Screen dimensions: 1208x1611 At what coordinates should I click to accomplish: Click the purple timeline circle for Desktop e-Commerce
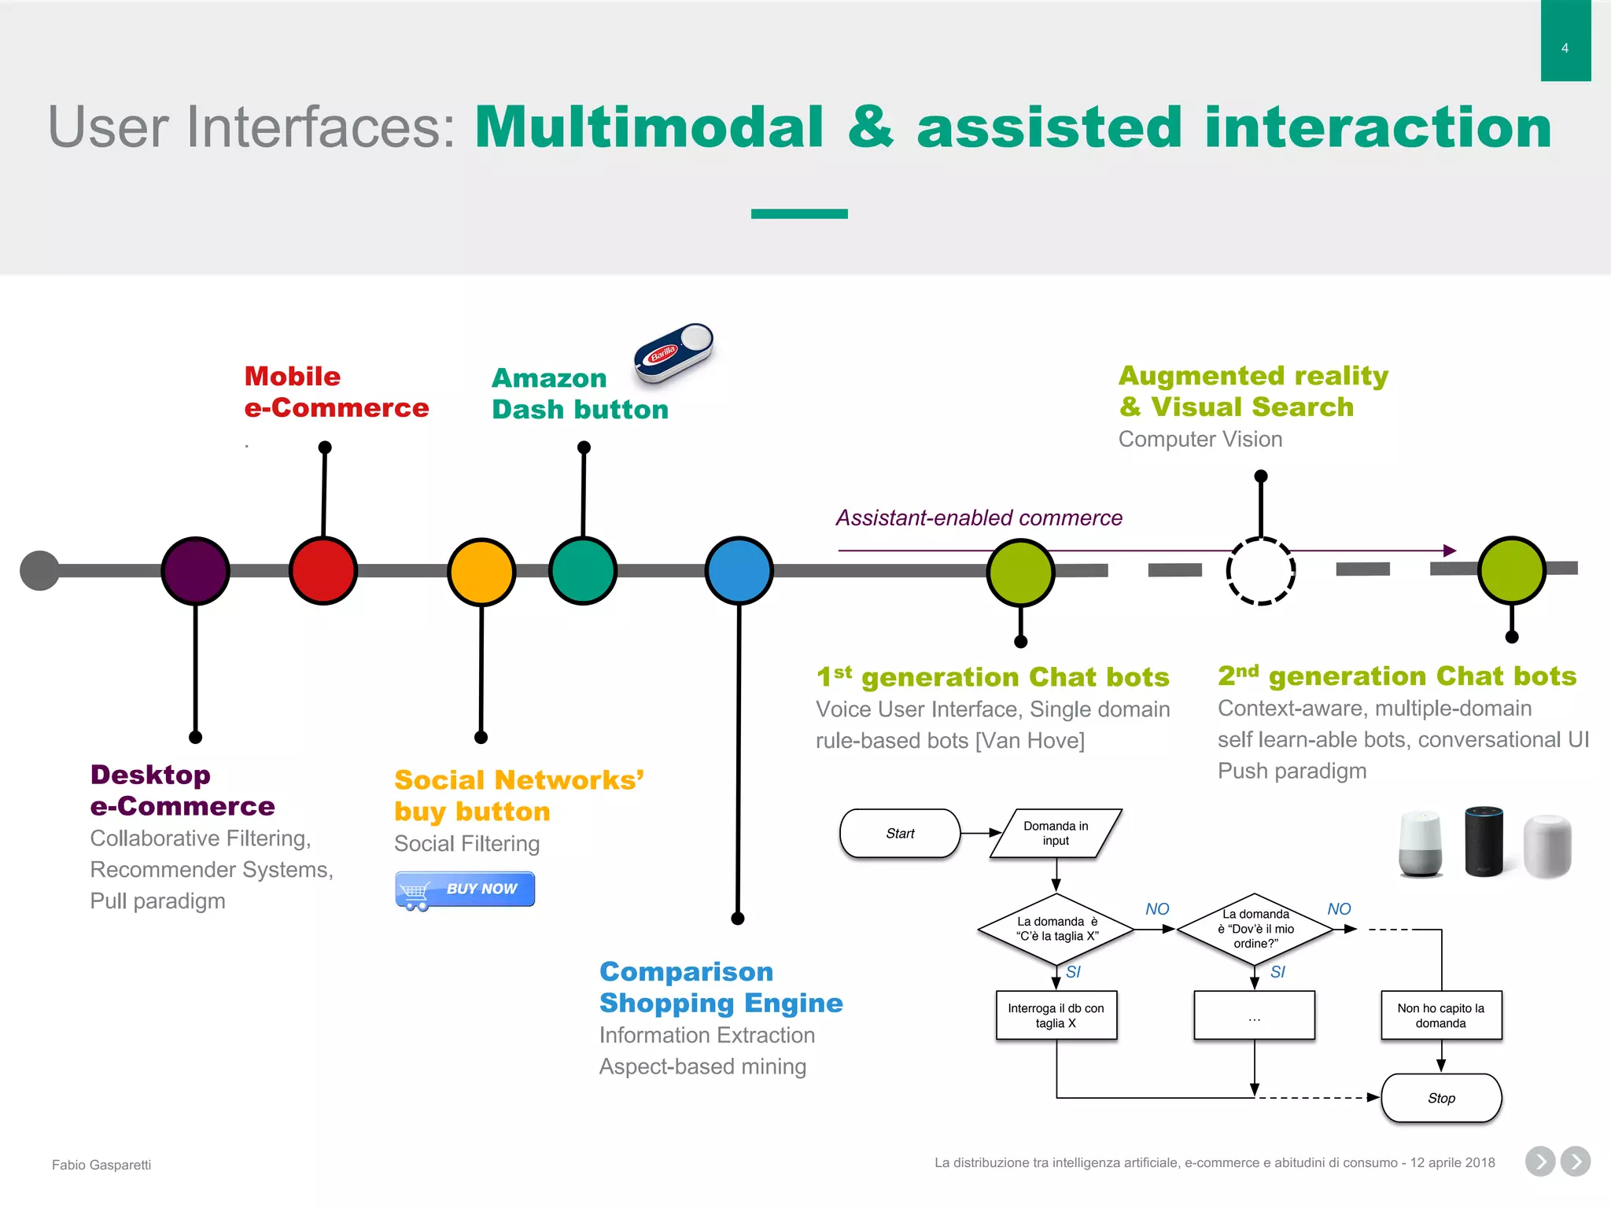(x=195, y=571)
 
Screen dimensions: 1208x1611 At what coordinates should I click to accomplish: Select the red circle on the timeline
(x=323, y=571)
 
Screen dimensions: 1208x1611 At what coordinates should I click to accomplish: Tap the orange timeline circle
(x=481, y=572)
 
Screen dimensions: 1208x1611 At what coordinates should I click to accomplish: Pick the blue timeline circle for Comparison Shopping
(x=739, y=571)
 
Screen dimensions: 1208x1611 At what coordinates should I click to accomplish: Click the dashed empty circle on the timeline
(x=1260, y=571)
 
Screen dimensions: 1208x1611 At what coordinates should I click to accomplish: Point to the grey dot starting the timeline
(x=39, y=570)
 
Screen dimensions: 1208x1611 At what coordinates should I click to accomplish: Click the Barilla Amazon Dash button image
(x=673, y=352)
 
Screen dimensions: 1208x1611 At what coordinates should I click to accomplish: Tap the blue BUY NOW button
(x=465, y=889)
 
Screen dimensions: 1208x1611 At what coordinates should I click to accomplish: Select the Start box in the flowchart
(x=900, y=834)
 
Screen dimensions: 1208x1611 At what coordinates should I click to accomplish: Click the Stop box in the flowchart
(x=1441, y=1098)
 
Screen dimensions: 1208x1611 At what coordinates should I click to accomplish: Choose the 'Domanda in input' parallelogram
(x=1056, y=834)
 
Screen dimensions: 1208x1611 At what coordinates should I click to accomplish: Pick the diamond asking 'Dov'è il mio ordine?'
(x=1255, y=929)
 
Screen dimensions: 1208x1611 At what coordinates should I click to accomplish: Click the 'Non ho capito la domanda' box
(x=1440, y=1015)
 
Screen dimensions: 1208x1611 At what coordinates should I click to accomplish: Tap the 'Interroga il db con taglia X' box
(x=1056, y=1015)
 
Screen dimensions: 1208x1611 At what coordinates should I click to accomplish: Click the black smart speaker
(x=1484, y=841)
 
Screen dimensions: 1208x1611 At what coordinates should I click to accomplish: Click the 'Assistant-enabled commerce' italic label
(x=979, y=518)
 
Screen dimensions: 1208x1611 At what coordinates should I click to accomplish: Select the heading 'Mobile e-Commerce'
(x=336, y=392)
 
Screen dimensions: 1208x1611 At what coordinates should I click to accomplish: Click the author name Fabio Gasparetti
(x=101, y=1165)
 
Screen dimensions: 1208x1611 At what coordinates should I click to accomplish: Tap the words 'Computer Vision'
(x=1200, y=439)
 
